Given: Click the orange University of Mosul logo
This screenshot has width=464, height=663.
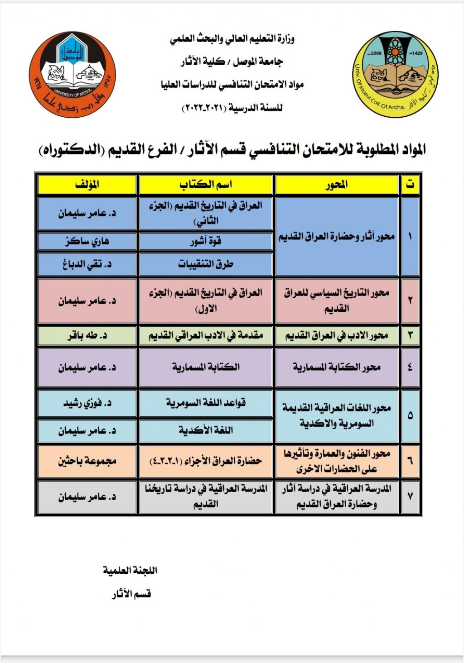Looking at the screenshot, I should tap(72, 75).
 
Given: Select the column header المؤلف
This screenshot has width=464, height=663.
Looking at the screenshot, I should tap(87, 185).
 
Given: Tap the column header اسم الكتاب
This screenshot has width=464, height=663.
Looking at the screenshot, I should tap(206, 185).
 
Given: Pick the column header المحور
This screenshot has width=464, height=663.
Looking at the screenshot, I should tap(337, 185).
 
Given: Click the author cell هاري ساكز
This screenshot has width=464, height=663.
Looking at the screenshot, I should tap(87, 241).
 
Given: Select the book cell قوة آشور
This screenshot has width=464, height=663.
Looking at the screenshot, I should tap(206, 241).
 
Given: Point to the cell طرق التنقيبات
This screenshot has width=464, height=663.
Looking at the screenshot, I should tap(206, 264).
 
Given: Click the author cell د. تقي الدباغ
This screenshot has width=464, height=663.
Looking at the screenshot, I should tap(87, 264).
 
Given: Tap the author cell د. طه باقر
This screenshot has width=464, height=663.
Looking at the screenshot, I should tap(87, 336).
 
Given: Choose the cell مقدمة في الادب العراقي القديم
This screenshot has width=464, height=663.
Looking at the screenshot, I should tap(206, 336).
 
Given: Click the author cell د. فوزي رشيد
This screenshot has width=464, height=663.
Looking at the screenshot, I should tap(87, 403).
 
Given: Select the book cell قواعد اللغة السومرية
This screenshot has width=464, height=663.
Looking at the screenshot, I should tap(206, 403).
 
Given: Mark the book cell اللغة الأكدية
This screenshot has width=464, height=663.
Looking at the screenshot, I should tap(206, 430).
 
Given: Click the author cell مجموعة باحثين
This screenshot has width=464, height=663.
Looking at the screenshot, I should tap(87, 461).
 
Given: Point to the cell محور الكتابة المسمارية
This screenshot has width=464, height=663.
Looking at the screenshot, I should tap(337, 367).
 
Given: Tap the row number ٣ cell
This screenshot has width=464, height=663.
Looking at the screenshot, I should tap(410, 336).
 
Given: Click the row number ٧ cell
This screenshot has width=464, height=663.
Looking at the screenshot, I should tap(410, 496).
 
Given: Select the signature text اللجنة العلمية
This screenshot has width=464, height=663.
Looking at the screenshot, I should tap(130, 570).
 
